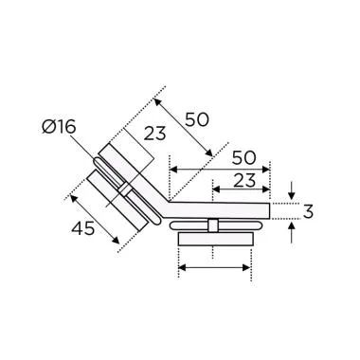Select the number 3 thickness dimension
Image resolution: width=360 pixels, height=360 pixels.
click(x=307, y=211)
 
